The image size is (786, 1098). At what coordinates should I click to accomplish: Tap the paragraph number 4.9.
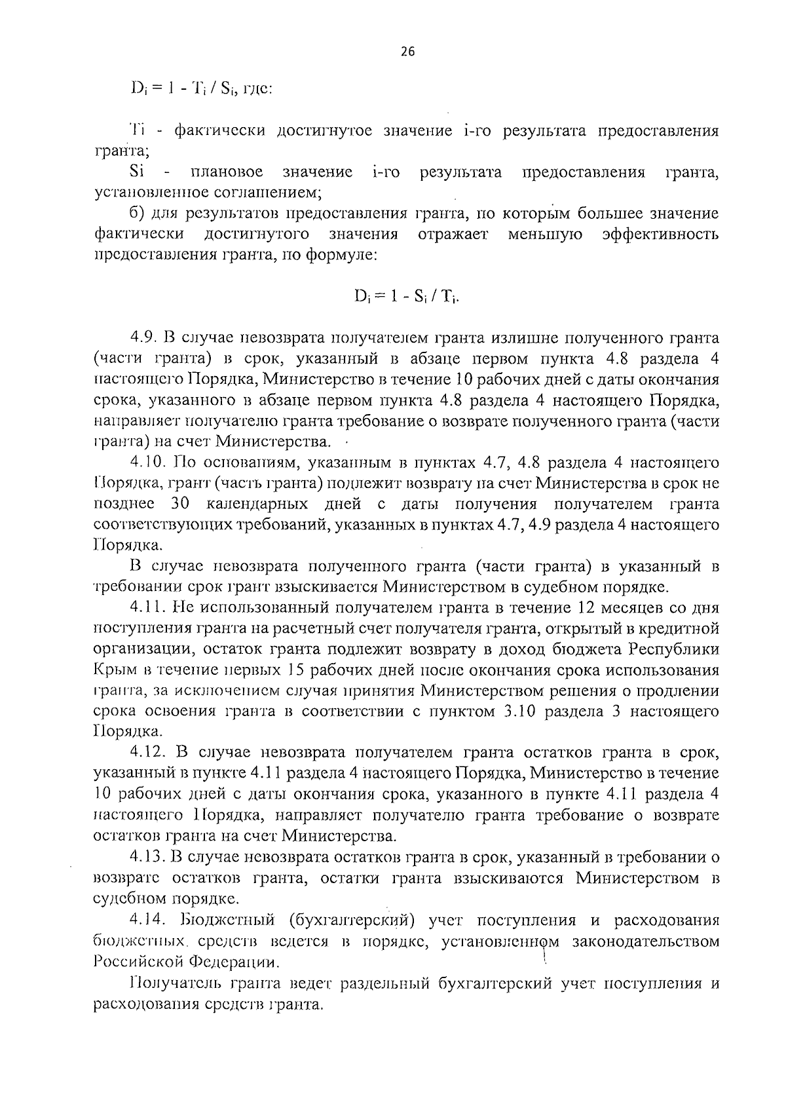[x=141, y=339]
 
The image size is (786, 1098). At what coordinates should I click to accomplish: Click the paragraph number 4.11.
[x=145, y=608]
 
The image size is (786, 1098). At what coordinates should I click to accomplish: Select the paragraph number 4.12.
[x=145, y=753]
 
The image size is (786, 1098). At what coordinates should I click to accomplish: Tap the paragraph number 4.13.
[x=145, y=857]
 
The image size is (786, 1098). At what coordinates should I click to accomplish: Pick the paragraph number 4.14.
[x=145, y=920]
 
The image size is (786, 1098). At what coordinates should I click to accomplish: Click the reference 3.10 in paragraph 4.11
[x=520, y=711]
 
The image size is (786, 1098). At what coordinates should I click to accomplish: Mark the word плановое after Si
[x=227, y=172]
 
